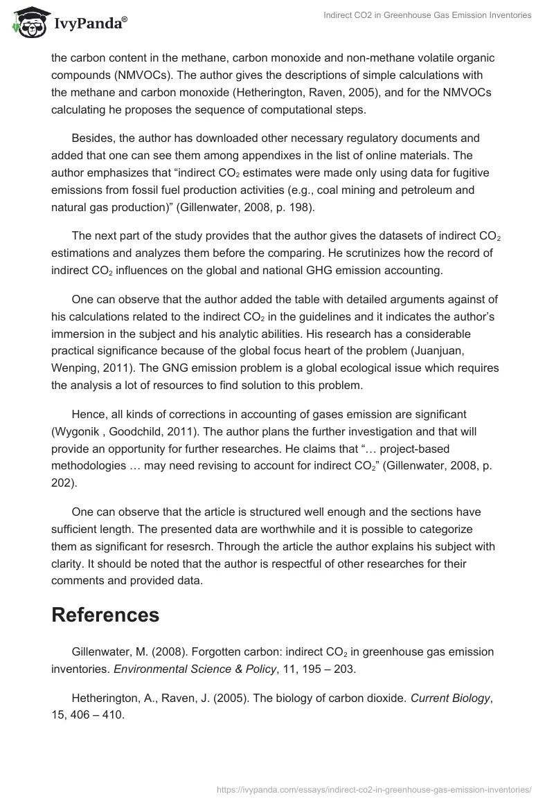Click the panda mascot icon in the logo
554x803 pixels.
[28, 22]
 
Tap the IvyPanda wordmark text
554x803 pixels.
[90, 24]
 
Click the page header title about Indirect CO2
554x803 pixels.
[427, 15]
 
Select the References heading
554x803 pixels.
[105, 614]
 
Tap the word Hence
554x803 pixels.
[89, 414]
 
